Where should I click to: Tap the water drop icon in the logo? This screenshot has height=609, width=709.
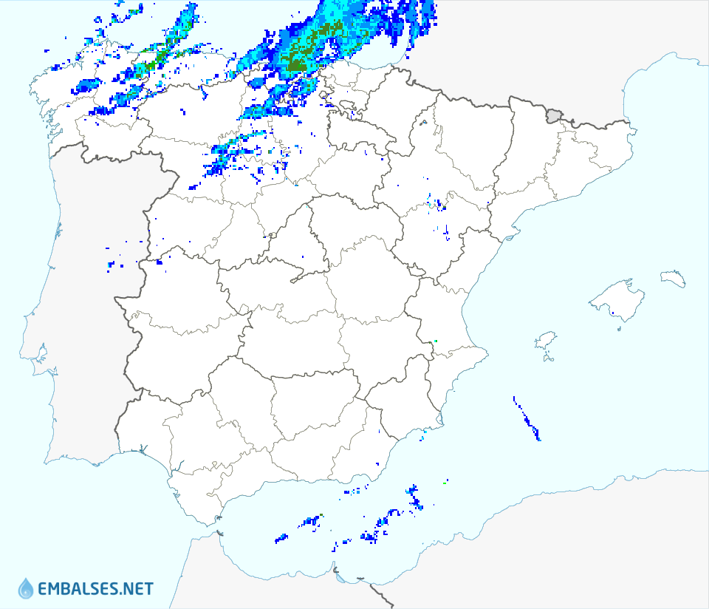click(x=26, y=588)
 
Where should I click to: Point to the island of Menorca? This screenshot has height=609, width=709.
click(x=674, y=278)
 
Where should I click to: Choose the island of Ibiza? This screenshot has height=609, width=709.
click(x=545, y=341)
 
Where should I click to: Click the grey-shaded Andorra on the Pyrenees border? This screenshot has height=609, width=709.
click(x=554, y=115)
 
